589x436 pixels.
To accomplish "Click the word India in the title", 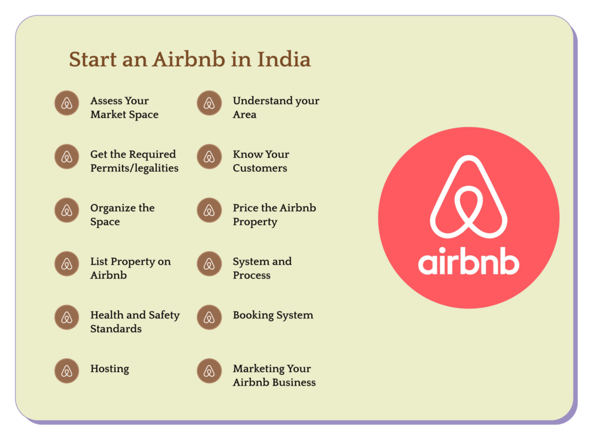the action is [x=284, y=59].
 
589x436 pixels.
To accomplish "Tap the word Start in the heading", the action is [x=93, y=59].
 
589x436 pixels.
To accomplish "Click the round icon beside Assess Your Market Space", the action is [x=67, y=103].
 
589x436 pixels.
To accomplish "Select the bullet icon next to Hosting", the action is [x=67, y=370].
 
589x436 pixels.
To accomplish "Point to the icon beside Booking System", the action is [x=209, y=317].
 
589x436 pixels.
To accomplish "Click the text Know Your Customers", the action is [x=261, y=161].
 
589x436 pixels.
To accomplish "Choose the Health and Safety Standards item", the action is [x=135, y=321].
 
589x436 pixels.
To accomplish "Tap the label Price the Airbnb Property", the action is [x=274, y=215].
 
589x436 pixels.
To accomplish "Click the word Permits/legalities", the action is [x=135, y=168].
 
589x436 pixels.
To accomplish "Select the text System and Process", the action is [x=262, y=268].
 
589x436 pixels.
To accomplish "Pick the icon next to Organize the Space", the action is [x=67, y=210].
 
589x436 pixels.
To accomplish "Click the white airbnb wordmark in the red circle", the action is [x=468, y=261].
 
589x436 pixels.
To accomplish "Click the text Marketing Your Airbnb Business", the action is [x=274, y=375].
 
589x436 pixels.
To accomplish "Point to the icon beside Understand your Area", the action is [x=209, y=103].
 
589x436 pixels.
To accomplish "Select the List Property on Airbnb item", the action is [x=131, y=268].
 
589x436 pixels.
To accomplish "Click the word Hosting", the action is [x=110, y=369].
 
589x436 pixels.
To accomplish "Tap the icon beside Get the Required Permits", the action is [x=67, y=157].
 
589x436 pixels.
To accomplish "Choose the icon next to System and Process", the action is [x=209, y=264].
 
